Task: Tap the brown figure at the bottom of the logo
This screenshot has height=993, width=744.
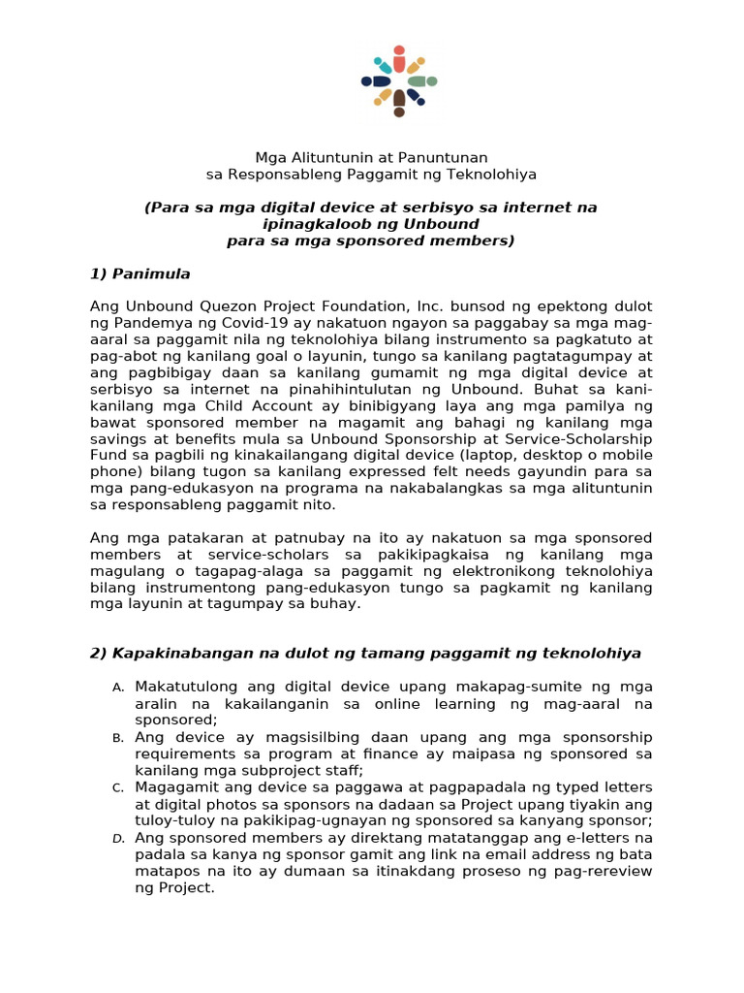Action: pyautogui.click(x=399, y=103)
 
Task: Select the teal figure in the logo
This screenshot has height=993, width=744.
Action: pyautogui.click(x=384, y=66)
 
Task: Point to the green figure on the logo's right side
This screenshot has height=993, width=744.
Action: pyautogui.click(x=421, y=81)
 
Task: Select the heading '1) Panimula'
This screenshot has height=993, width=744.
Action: pyautogui.click(x=139, y=273)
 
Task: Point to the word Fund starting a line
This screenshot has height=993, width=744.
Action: pyautogui.click(x=107, y=455)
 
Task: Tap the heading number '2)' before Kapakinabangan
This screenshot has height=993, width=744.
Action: pyautogui.click(x=98, y=654)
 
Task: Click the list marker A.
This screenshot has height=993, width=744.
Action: pyautogui.click(x=117, y=688)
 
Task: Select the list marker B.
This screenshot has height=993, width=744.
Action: pyautogui.click(x=117, y=738)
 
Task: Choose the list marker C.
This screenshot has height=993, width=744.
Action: pyautogui.click(x=117, y=787)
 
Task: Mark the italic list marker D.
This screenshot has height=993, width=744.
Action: pyautogui.click(x=117, y=838)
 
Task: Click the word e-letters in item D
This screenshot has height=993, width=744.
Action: pyautogui.click(x=594, y=837)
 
